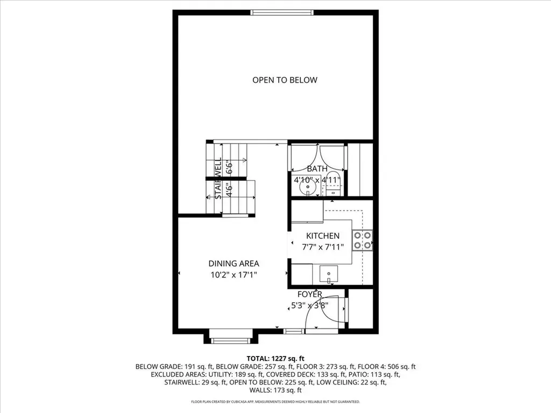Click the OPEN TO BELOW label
point(285,80)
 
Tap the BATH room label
point(317,169)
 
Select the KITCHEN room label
point(323,236)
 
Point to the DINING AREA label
point(234,264)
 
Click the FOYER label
point(310,294)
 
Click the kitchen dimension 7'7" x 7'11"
point(323,247)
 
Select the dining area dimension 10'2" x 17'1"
point(234,274)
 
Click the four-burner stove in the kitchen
point(362,240)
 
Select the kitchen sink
point(328,274)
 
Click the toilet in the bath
point(334,187)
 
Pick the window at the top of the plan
point(282,12)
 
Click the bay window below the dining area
point(230,340)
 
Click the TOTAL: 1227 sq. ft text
point(275,358)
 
